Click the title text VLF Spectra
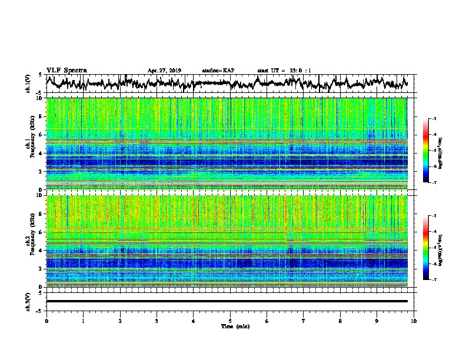click(x=66, y=70)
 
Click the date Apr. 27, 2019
click(x=164, y=71)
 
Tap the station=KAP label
click(x=218, y=71)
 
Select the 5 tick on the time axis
click(x=230, y=321)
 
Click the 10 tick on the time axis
click(x=414, y=321)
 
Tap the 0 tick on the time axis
click(x=46, y=321)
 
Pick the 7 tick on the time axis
click(x=304, y=321)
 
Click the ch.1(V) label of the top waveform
click(x=28, y=84)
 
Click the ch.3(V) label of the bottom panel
click(x=28, y=301)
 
